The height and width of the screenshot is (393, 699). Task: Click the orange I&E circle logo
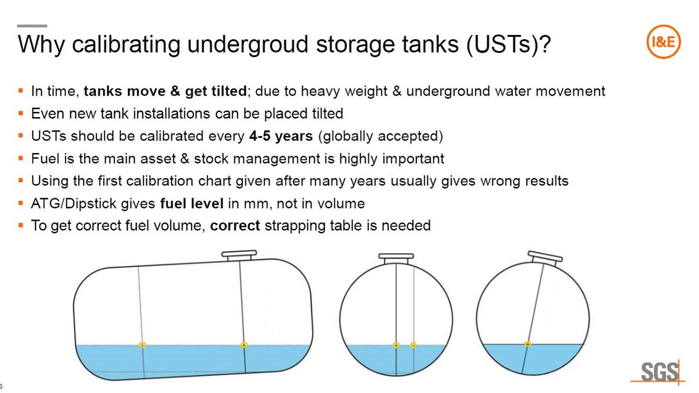(663, 42)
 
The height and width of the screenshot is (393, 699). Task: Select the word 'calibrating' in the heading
(126, 44)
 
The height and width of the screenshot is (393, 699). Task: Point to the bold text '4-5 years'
(281, 136)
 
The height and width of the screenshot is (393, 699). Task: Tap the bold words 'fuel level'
(192, 204)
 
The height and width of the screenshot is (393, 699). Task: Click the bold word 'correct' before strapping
(235, 226)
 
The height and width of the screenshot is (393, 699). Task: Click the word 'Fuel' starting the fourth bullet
(45, 159)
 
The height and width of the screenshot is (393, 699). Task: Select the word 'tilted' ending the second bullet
(328, 114)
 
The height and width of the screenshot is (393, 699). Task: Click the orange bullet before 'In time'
(21, 90)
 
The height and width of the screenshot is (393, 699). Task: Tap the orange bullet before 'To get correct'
(21, 226)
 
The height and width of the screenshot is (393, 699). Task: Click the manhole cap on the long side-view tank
(239, 255)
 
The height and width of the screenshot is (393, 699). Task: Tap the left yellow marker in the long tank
(142, 345)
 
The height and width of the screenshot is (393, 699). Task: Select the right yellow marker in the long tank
(244, 345)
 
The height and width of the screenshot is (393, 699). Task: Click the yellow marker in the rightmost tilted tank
(528, 344)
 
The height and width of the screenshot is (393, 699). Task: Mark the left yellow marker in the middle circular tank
(396, 345)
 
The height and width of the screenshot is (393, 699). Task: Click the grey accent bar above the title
(32, 25)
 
